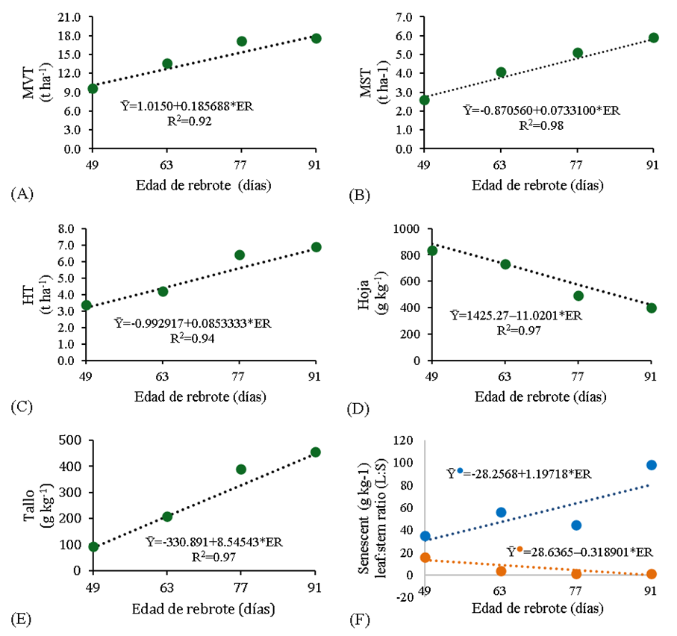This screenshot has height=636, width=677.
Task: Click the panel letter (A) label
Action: pos(22,195)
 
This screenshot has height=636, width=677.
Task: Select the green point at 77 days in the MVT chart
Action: pos(241,41)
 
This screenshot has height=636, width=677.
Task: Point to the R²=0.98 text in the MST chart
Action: pos(541,126)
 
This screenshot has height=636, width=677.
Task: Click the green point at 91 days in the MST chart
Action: pos(653,37)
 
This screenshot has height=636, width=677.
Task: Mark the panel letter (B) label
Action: pos(361,196)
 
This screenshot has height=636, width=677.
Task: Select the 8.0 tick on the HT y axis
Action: pos(68,228)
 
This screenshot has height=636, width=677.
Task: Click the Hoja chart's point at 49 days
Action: pos(432,251)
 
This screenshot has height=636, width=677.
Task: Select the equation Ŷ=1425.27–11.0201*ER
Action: pos(516,316)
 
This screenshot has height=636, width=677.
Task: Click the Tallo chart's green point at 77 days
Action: pos(241,470)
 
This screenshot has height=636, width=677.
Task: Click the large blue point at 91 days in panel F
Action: pos(651,465)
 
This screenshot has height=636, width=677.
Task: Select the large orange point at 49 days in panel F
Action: pos(425,558)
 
